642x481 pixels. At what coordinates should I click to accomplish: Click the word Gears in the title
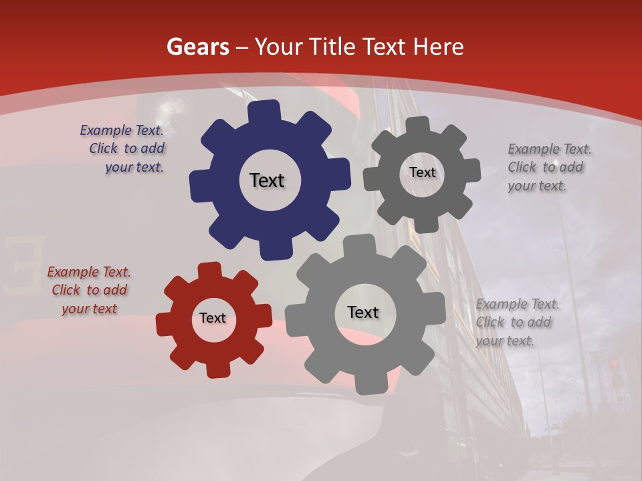click(x=197, y=47)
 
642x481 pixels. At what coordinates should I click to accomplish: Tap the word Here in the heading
click(x=439, y=47)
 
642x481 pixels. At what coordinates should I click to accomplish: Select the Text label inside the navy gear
click(x=267, y=180)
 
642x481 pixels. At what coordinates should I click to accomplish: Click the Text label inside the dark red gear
click(x=213, y=319)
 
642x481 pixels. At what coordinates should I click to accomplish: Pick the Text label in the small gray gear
click(x=422, y=172)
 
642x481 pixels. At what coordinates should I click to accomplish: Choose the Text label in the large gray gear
click(x=363, y=312)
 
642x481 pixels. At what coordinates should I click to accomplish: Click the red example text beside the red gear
click(x=89, y=291)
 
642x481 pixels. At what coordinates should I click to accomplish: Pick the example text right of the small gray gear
click(x=549, y=168)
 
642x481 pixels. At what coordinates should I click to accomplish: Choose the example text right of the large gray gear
click(x=517, y=323)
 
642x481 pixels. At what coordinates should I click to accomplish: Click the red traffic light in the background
click(x=614, y=364)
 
